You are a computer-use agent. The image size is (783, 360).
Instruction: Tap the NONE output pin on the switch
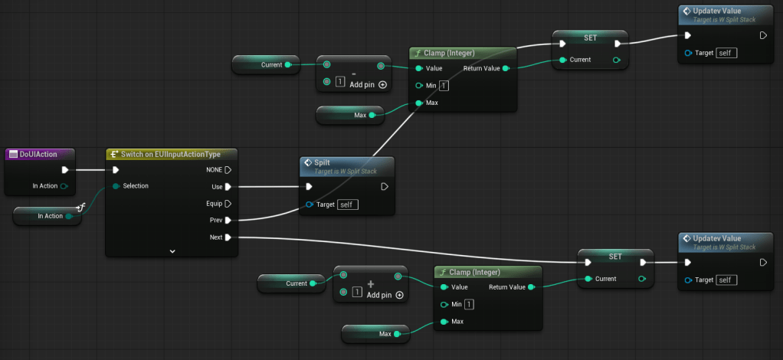[228, 170]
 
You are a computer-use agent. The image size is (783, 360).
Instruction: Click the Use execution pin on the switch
[228, 187]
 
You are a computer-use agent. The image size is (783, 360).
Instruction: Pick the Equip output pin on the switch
[228, 204]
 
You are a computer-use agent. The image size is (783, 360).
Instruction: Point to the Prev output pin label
[216, 221]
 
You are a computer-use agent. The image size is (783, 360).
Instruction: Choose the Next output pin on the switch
[228, 237]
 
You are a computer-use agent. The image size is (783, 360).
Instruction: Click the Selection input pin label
[136, 186]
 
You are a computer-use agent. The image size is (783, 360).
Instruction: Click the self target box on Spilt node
[346, 205]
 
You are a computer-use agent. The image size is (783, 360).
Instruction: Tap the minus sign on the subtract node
[354, 73]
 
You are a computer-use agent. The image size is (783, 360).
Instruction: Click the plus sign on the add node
[370, 283]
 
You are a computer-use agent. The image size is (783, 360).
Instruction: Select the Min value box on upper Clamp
[444, 85]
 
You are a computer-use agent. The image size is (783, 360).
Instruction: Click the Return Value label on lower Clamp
[506, 287]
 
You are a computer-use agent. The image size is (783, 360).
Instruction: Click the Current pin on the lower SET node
[605, 279]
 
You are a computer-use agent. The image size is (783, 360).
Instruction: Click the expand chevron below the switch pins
[172, 251]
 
